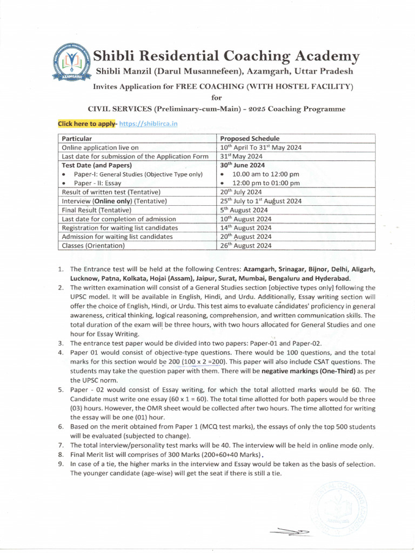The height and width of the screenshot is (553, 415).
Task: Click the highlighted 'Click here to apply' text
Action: click(x=87, y=124)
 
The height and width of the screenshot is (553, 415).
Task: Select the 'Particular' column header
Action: click(x=77, y=139)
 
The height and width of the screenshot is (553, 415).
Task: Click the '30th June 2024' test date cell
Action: click(x=243, y=165)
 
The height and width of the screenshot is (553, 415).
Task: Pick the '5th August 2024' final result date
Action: click(x=244, y=210)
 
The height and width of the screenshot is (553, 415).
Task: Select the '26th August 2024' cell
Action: click(x=246, y=245)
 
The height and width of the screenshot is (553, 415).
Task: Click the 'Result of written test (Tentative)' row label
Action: click(x=111, y=192)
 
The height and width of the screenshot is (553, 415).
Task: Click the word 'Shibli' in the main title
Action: click(x=114, y=56)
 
